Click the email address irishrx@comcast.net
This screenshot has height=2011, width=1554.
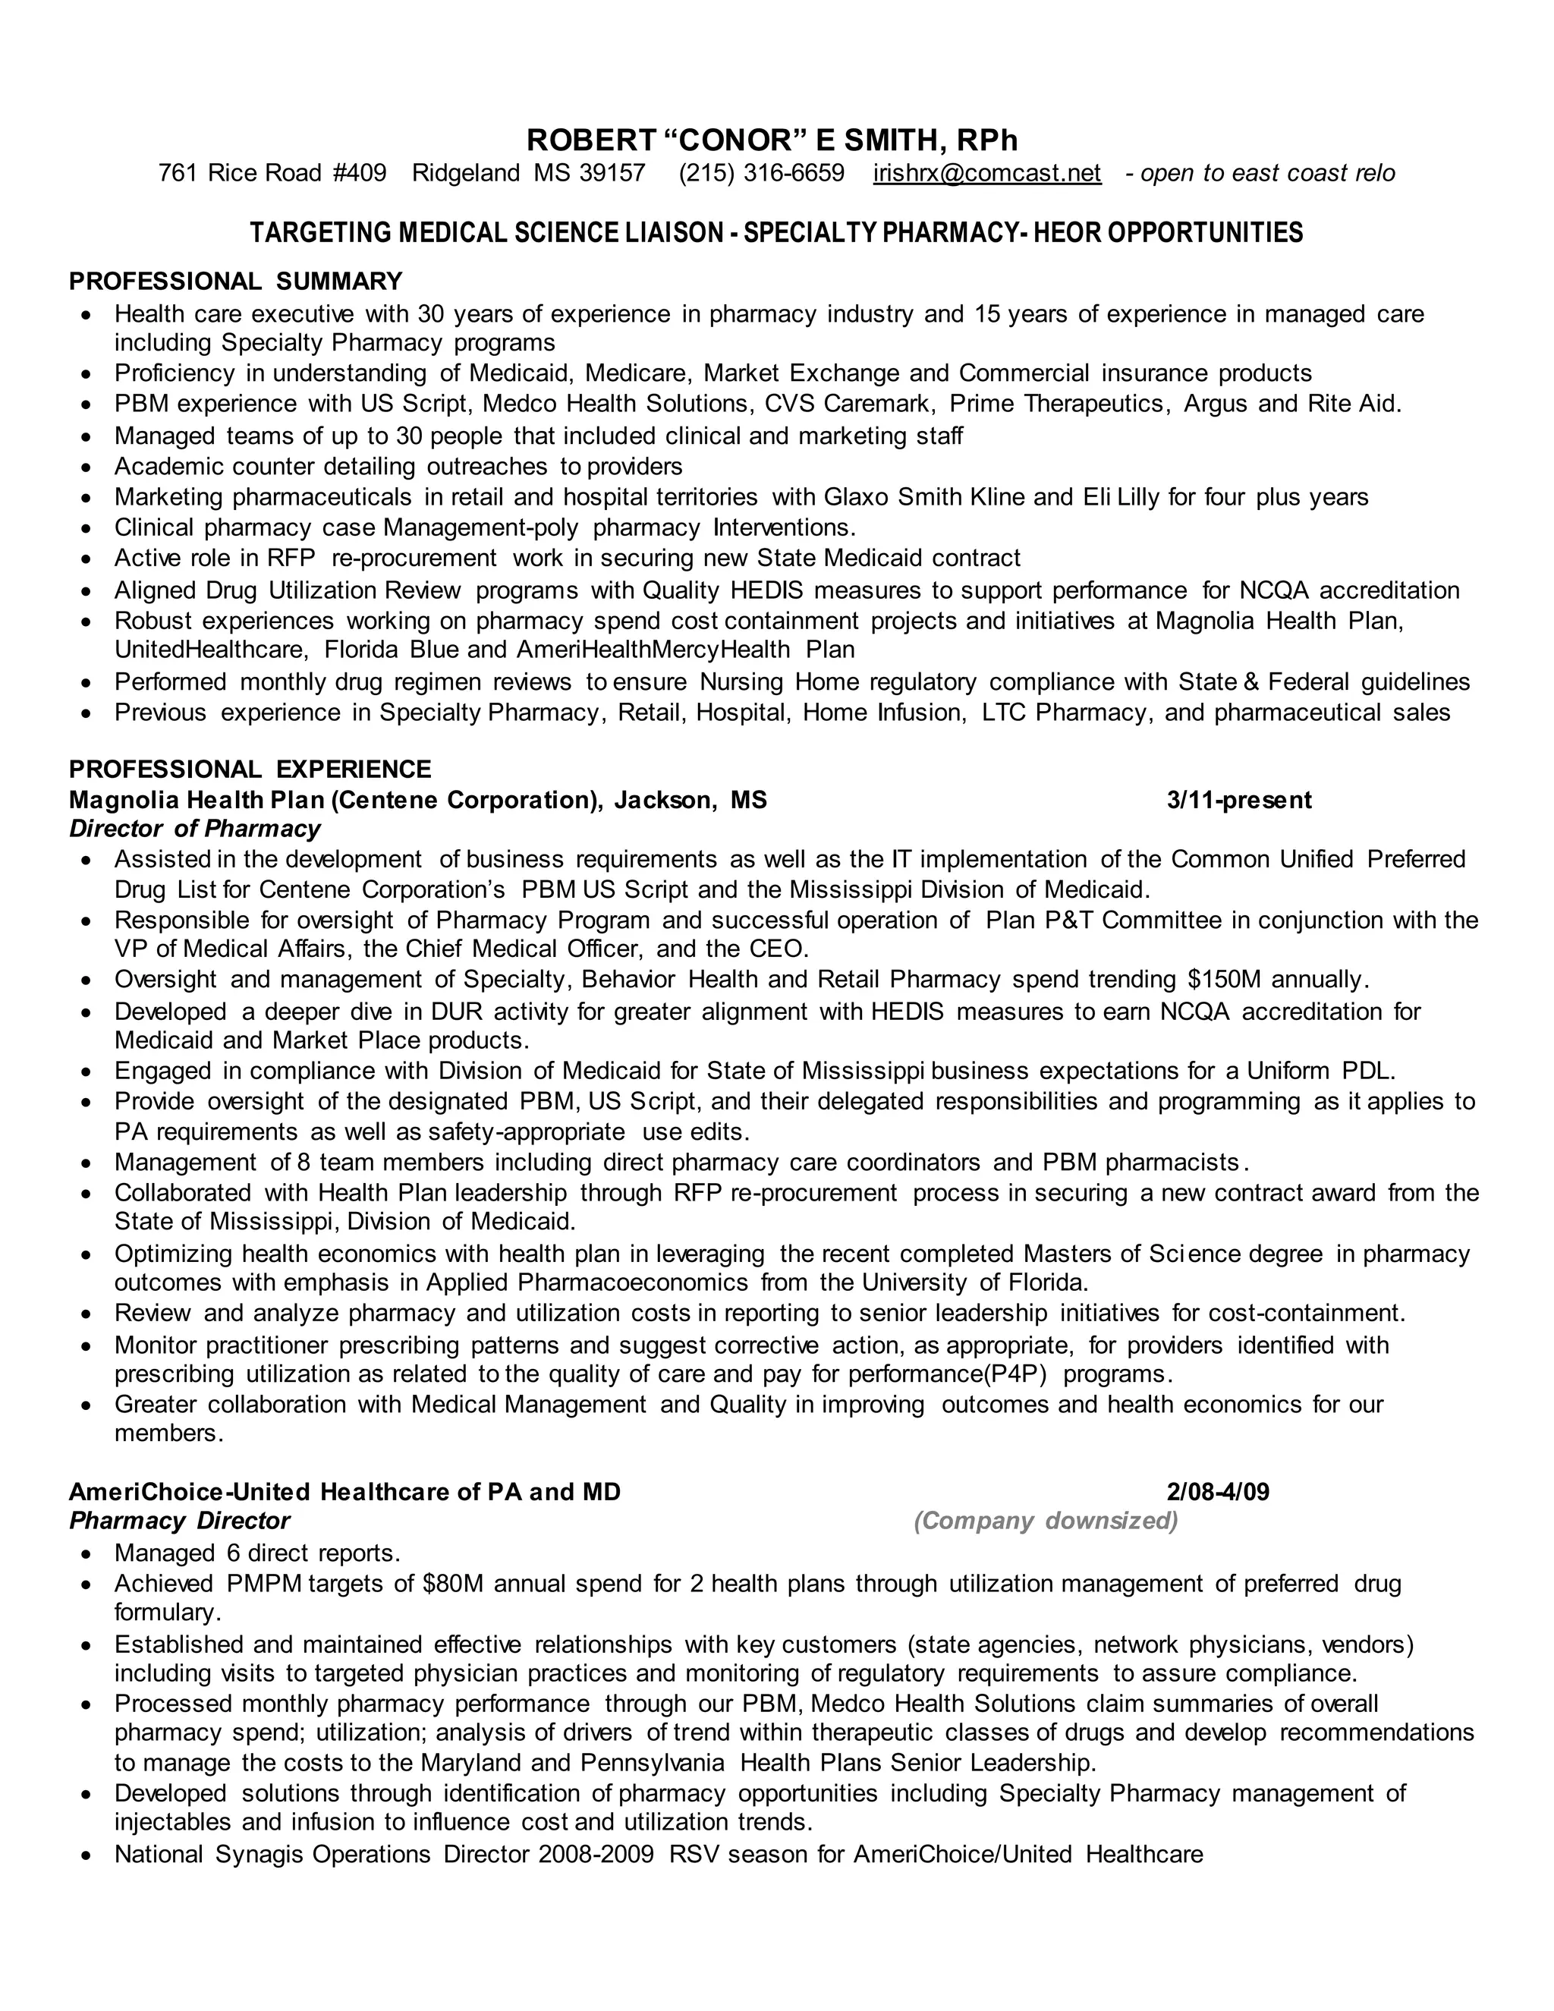tap(987, 173)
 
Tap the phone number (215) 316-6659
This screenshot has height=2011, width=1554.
tap(761, 173)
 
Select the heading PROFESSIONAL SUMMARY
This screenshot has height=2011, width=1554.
tap(236, 281)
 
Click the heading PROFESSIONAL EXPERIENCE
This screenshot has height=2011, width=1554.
tap(250, 769)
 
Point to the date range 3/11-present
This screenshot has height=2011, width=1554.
tap(1239, 799)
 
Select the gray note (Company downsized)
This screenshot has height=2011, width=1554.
tap(1046, 1520)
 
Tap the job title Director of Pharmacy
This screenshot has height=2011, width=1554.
tap(195, 829)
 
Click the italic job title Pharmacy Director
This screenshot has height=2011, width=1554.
tap(180, 1520)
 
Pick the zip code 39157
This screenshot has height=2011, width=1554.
tap(612, 173)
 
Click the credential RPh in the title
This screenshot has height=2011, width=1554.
tap(987, 141)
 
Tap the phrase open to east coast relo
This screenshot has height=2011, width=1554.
tap(1268, 173)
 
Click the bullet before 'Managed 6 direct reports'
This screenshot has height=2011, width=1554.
tap(87, 1554)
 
